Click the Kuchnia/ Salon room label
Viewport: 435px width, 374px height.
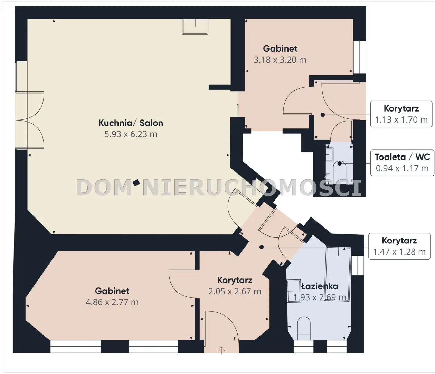(131, 123)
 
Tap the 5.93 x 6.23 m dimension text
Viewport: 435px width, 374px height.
(131, 134)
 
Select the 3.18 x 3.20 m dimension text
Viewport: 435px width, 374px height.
(280, 60)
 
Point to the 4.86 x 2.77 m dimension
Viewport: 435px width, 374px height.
(112, 302)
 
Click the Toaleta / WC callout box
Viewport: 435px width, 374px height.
(402, 163)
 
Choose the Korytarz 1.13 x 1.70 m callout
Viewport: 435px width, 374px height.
(401, 114)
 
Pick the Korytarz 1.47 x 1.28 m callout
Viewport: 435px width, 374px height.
(399, 246)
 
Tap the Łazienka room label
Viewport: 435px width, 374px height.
(320, 286)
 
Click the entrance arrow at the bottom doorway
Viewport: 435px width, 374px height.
(221, 350)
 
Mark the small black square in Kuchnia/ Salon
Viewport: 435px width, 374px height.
(136, 183)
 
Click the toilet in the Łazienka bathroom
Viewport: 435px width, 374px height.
(304, 328)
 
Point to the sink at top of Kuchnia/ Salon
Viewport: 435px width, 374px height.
(195, 27)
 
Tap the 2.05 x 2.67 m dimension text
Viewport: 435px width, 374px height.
(235, 291)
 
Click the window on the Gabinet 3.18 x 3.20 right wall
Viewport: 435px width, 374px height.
(359, 57)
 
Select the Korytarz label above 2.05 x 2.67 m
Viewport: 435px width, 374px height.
(235, 280)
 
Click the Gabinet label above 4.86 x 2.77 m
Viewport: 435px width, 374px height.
(112, 291)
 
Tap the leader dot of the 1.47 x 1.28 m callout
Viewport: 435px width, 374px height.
(261, 247)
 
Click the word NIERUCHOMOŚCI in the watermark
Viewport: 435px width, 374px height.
(252, 187)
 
